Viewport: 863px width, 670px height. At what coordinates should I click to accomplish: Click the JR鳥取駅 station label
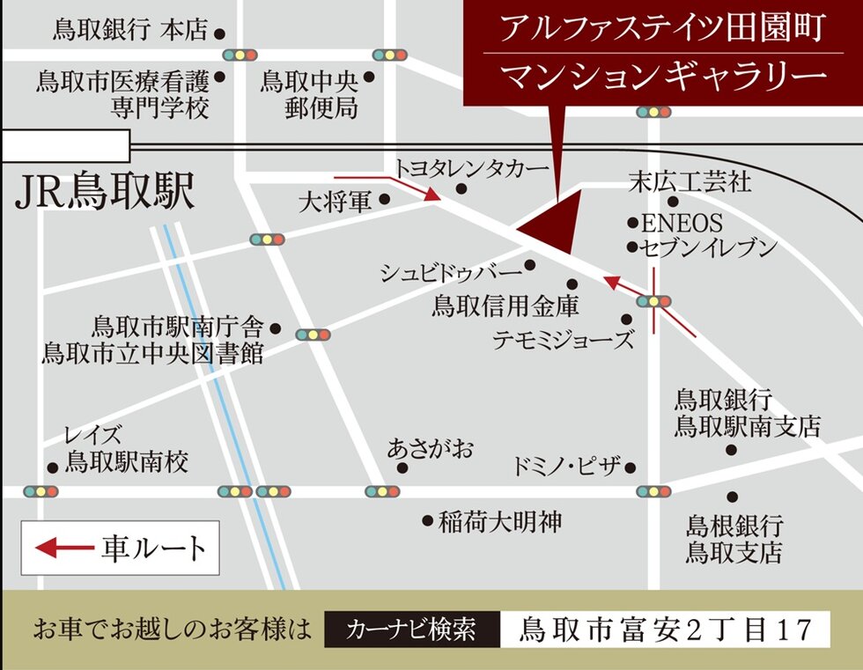(105, 193)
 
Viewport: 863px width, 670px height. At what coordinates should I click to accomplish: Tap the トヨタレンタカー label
(471, 167)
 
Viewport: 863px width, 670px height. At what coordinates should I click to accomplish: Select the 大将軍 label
(336, 202)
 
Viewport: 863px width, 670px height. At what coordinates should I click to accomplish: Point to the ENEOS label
(681, 223)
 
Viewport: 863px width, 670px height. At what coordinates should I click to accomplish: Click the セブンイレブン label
(709, 247)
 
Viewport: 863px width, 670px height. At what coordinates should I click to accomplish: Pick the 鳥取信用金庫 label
(505, 306)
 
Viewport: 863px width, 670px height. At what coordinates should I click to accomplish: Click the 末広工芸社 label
(690, 182)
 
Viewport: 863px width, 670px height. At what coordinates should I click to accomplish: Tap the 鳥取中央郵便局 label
(309, 94)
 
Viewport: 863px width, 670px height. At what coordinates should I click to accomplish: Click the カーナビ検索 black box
(411, 630)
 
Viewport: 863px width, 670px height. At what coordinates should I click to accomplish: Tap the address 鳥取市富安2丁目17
(665, 630)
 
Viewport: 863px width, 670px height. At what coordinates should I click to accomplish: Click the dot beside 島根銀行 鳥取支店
(732, 497)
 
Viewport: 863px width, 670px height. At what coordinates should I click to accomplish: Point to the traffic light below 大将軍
(268, 239)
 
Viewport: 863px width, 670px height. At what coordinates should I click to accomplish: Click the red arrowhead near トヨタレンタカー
(432, 195)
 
